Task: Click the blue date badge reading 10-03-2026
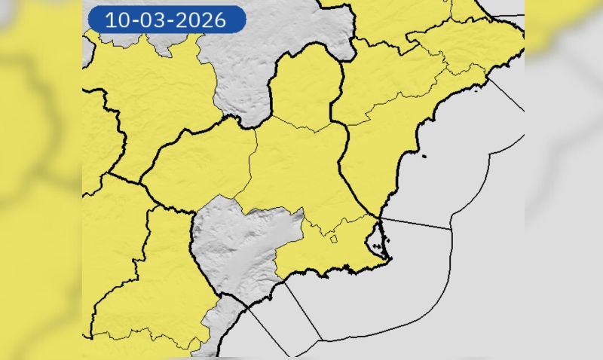[x=167, y=20]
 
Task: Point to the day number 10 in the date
[x=117, y=20]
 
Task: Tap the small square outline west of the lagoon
[x=333, y=239]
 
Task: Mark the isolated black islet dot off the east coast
[x=424, y=157]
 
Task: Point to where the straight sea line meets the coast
[x=380, y=218]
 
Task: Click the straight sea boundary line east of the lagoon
[x=415, y=223]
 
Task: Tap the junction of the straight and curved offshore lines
[x=451, y=228]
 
